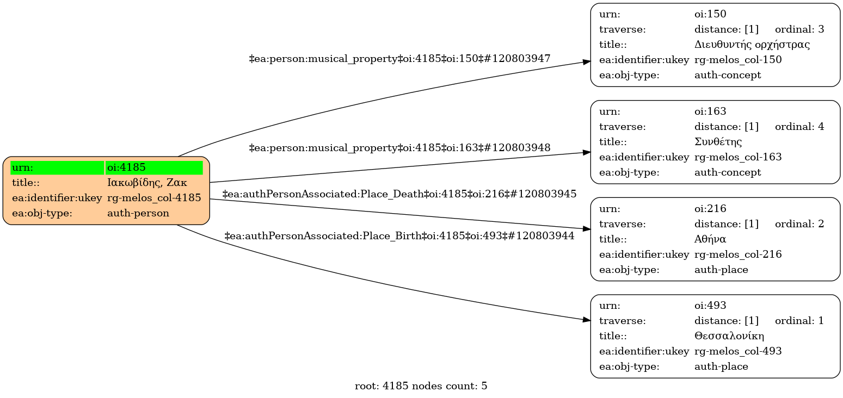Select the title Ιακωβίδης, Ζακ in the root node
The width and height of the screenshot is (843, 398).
pos(147,183)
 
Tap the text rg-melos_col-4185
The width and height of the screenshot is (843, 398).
pos(154,198)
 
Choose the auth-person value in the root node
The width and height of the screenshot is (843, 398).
pos(138,213)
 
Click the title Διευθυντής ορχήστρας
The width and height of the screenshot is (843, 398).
pos(752,45)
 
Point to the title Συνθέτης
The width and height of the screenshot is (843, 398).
pos(718,142)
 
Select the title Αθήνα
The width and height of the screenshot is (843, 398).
pos(710,239)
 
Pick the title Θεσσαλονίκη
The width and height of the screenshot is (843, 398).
pos(729,336)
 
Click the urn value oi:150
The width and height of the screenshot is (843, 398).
pos(710,14)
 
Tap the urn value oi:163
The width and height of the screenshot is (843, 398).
pos(710,111)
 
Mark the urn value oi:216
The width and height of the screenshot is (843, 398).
pos(710,208)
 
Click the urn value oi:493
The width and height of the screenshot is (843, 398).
pos(710,306)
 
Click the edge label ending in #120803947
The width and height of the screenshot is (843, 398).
pos(399,58)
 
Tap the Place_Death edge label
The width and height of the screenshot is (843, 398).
pos(399,194)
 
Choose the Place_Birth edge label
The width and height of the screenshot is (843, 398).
pos(399,236)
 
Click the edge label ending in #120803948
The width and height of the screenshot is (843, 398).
pos(399,147)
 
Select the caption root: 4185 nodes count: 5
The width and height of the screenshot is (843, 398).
pos(421,387)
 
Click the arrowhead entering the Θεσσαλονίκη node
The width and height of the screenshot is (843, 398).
pos(587,320)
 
